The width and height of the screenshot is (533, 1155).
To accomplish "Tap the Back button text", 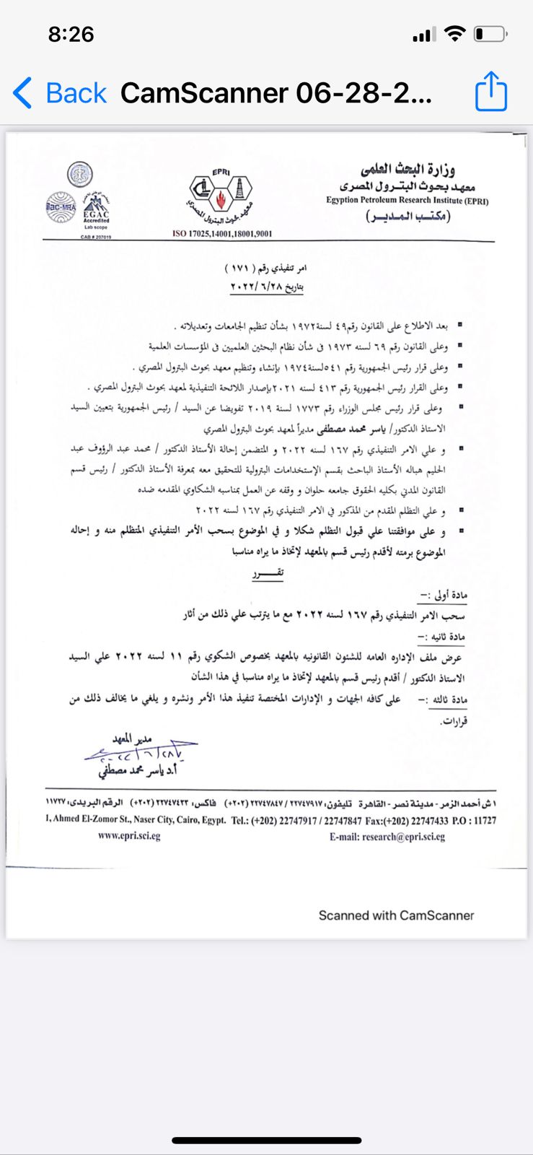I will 76,93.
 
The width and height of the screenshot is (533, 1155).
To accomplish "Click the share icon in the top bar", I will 491,92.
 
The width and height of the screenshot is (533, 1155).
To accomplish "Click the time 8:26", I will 71,34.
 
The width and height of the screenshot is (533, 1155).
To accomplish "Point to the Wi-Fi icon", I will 454,33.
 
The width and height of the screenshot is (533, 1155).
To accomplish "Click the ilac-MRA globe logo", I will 61,206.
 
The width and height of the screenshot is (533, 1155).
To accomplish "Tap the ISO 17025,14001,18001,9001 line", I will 222,233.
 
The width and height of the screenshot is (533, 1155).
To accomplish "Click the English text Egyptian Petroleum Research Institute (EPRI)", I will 407,201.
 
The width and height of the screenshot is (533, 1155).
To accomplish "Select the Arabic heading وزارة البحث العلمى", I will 408,170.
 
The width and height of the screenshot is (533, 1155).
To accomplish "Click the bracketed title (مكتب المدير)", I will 408,217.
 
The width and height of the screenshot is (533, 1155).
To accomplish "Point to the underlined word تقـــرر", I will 268,574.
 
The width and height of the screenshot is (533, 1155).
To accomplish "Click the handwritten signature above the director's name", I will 141,753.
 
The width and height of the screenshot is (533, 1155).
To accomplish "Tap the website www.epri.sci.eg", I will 129,836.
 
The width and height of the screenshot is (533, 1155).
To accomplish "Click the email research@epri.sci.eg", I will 387,837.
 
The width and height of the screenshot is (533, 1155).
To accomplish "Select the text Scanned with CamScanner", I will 396,915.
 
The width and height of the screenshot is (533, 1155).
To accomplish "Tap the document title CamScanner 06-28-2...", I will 276,93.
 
